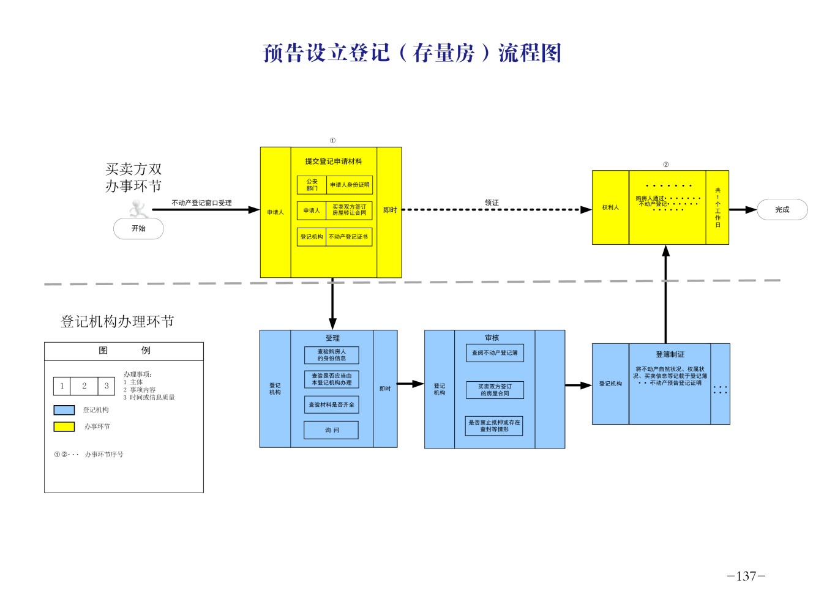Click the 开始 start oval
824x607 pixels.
click(x=138, y=229)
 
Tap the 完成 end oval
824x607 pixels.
click(x=782, y=210)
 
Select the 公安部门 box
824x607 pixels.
click(x=312, y=185)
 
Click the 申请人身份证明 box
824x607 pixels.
click(x=350, y=185)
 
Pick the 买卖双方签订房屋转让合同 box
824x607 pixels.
click(x=349, y=210)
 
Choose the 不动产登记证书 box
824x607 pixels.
click(x=348, y=237)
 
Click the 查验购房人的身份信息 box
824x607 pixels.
click(x=331, y=356)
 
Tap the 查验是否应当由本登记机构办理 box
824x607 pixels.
click(x=331, y=379)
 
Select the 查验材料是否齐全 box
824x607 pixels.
click(x=331, y=404)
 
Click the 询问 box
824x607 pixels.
click(x=331, y=430)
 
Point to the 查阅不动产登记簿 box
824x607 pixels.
click(x=495, y=353)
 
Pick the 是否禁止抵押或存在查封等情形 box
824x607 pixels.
click(x=494, y=426)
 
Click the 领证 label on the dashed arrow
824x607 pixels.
click(x=492, y=203)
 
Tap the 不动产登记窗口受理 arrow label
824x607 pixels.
click(x=201, y=203)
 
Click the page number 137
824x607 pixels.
click(x=746, y=576)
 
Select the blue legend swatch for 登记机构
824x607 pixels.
click(x=64, y=410)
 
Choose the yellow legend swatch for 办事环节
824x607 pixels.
click(x=64, y=426)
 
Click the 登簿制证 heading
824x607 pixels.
click(x=670, y=354)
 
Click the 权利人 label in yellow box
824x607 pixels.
click(x=610, y=207)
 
